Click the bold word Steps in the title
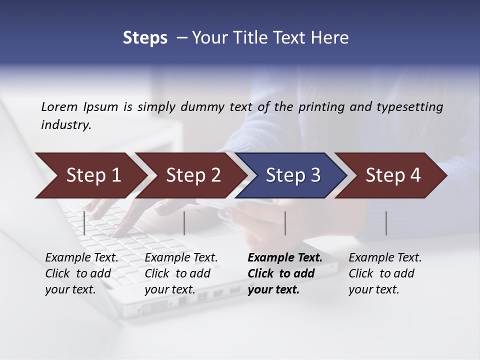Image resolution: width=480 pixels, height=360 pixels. (x=145, y=38)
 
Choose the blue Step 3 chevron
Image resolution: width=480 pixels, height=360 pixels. (x=293, y=175)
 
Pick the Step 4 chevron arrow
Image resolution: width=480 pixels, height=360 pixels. (x=393, y=175)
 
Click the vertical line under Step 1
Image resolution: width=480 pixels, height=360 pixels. (x=84, y=223)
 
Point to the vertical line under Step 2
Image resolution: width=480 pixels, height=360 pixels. (x=184, y=223)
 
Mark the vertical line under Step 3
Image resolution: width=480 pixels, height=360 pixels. (x=285, y=223)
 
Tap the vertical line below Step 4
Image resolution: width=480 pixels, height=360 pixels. (x=386, y=223)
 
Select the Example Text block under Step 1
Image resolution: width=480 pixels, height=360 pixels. (x=81, y=273)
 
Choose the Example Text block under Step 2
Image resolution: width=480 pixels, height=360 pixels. (x=180, y=273)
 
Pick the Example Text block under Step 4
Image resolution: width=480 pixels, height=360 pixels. (x=384, y=273)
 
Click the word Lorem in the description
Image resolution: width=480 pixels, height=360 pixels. (x=59, y=106)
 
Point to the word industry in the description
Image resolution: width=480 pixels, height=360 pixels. (x=65, y=125)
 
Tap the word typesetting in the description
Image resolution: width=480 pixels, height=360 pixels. (x=412, y=107)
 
